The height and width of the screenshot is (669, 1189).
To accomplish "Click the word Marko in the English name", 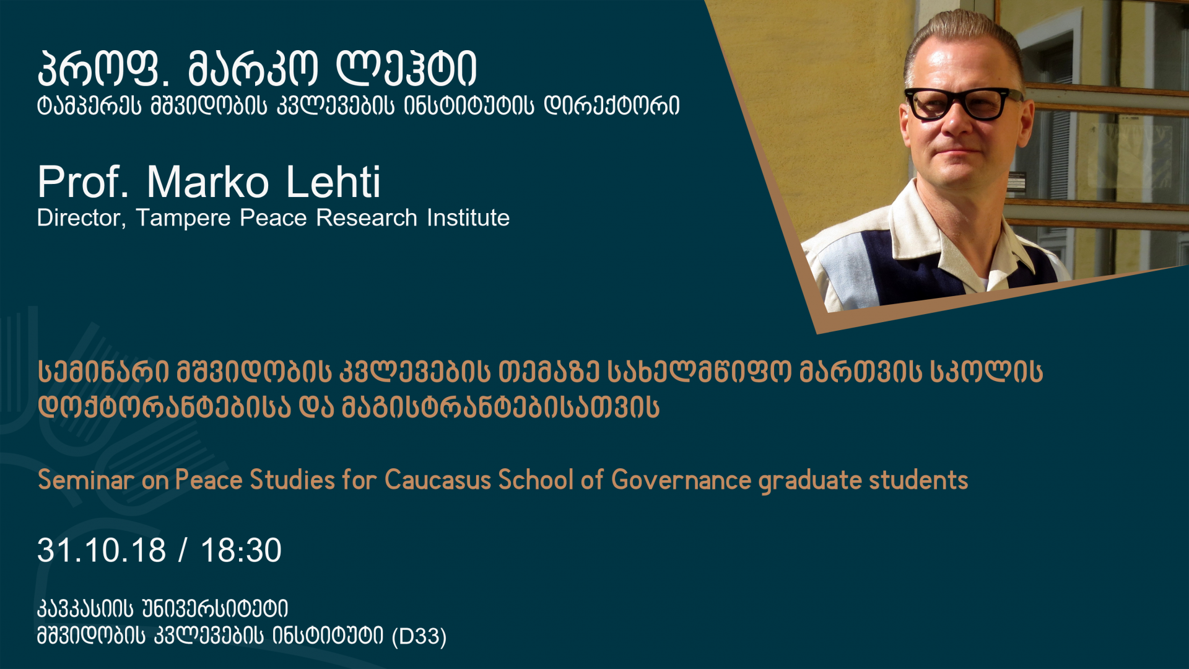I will [x=207, y=182].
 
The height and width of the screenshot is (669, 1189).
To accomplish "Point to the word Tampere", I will [x=183, y=218].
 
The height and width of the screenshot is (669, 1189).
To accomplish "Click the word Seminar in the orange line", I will [x=85, y=480].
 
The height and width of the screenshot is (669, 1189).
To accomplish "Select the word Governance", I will [x=681, y=480].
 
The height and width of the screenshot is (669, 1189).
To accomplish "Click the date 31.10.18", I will [x=102, y=550].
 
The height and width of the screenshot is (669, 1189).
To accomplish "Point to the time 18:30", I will [x=241, y=550].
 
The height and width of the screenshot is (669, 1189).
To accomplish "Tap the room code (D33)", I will [x=419, y=636].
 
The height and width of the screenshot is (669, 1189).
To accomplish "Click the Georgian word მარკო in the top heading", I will [x=252, y=69].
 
